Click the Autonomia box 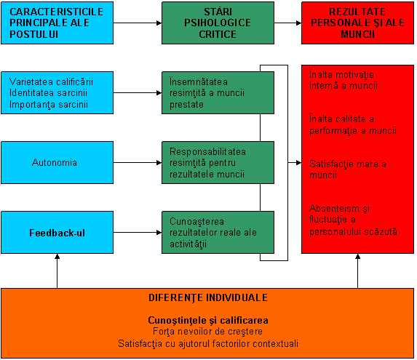pyautogui.click(x=57, y=163)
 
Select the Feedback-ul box pyautogui.click(x=57, y=233)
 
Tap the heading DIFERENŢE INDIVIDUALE pyautogui.click(x=208, y=298)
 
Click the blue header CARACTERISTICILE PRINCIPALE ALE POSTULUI pyautogui.click(x=57, y=23)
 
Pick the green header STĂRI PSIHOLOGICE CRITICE pyautogui.click(x=218, y=23)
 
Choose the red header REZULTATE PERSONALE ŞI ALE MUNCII pyautogui.click(x=357, y=23)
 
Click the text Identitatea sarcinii pyautogui.click(x=49, y=93)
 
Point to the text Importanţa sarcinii pyautogui.click(x=49, y=105)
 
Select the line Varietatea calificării pyautogui.click(x=52, y=81)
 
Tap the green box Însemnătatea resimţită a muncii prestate pyautogui.click(x=218, y=92)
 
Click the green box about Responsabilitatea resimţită pyautogui.click(x=218, y=163)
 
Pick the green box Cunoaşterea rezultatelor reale pyautogui.click(x=218, y=233)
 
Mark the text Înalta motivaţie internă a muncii pyautogui.click(x=343, y=80)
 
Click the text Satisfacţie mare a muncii pyautogui.click(x=348, y=169)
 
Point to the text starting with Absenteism pyautogui.click(x=353, y=220)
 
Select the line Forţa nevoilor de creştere pyautogui.click(x=207, y=332)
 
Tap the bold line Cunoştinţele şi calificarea pyautogui.click(x=208, y=321)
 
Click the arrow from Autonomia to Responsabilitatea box pyautogui.click(x=138, y=163)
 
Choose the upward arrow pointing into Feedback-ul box pyautogui.click(x=57, y=271)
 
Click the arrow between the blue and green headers pyautogui.click(x=138, y=23)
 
